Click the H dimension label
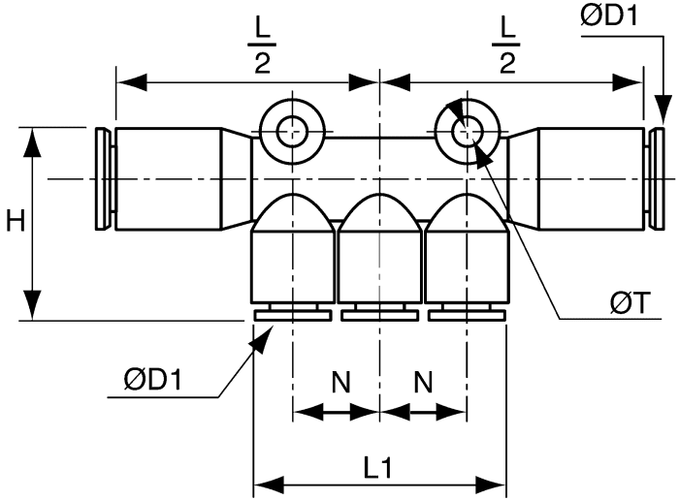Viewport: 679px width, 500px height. point(16,222)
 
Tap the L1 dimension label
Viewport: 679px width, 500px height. point(378,468)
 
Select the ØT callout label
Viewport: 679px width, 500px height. point(630,302)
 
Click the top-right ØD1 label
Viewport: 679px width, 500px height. point(609,16)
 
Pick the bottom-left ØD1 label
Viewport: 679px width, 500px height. point(153,380)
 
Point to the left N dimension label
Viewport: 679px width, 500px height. point(341,382)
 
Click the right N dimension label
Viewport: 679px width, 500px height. point(424,382)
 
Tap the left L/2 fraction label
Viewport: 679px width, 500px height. point(263,47)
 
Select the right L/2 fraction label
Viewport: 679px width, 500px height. point(506,47)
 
